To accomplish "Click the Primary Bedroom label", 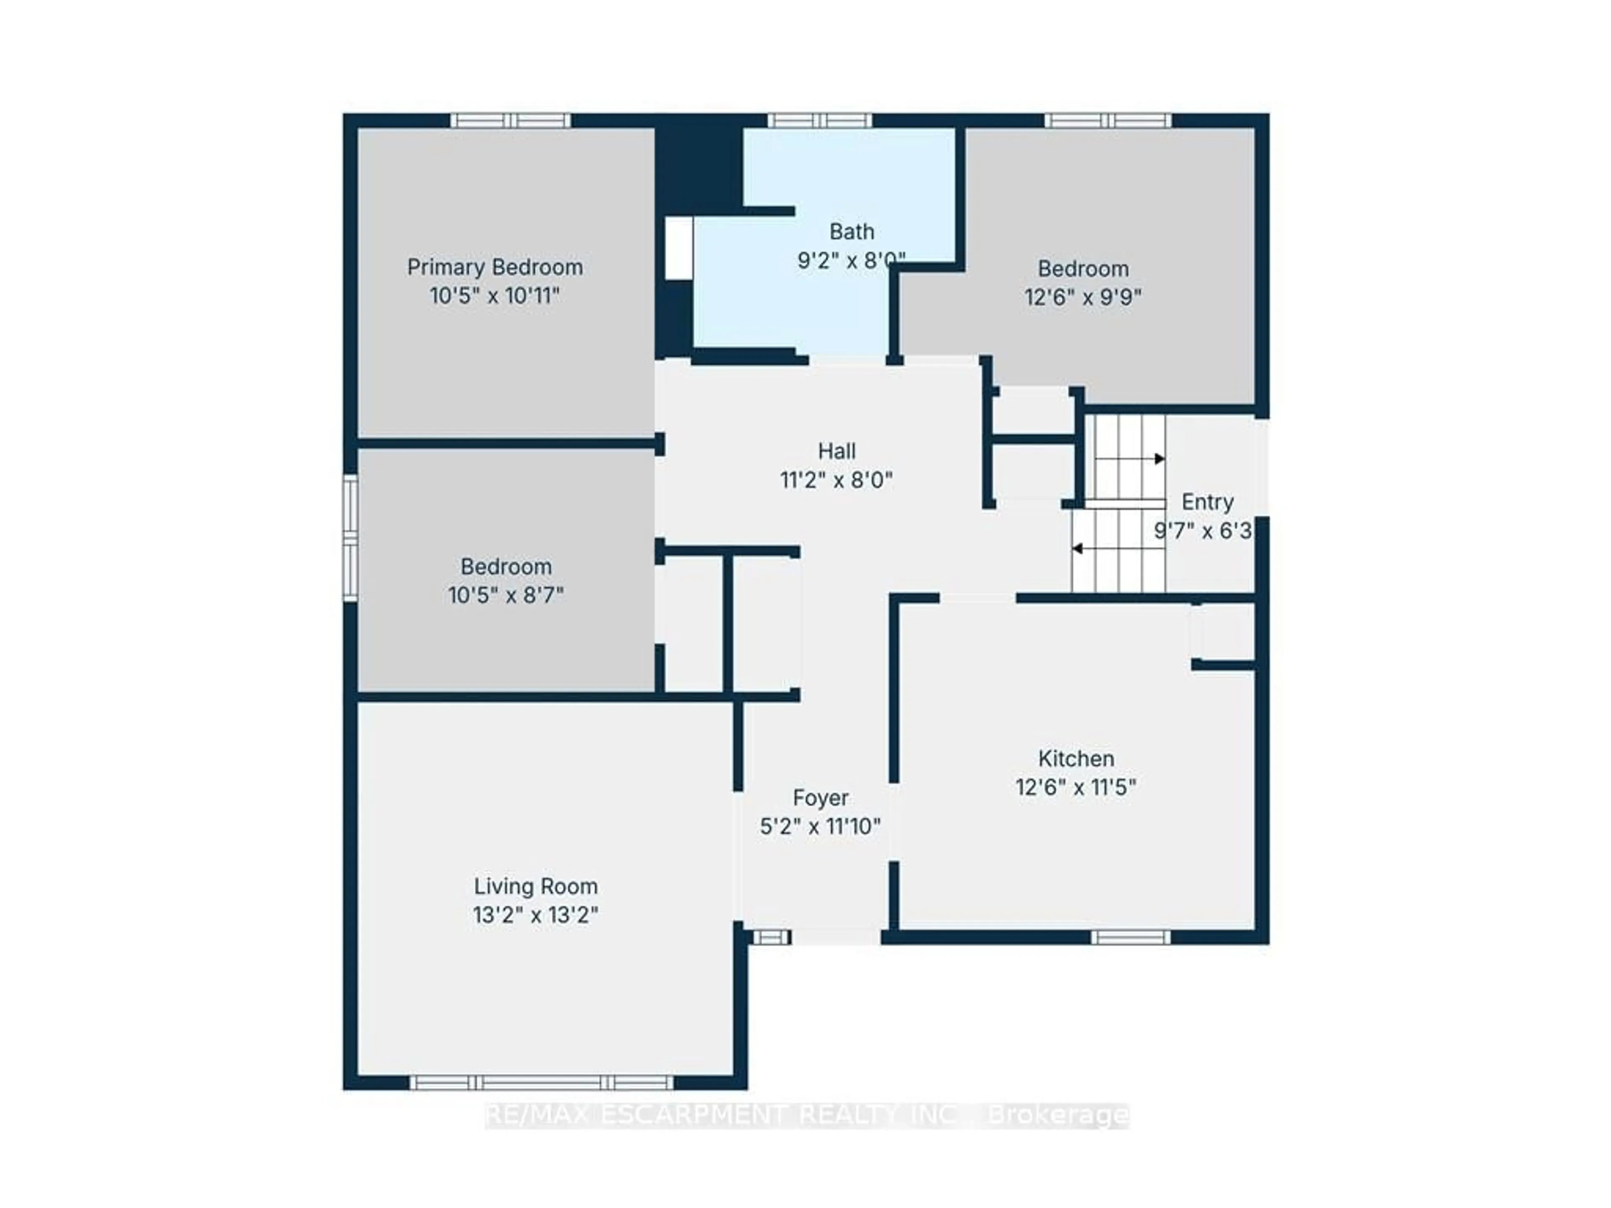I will [x=495, y=267].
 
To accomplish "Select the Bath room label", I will [x=851, y=232].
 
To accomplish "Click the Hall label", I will [x=836, y=451].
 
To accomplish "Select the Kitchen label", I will [x=1076, y=759].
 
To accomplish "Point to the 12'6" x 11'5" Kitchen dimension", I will [x=1076, y=788].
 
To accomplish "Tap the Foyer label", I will [x=820, y=798].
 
